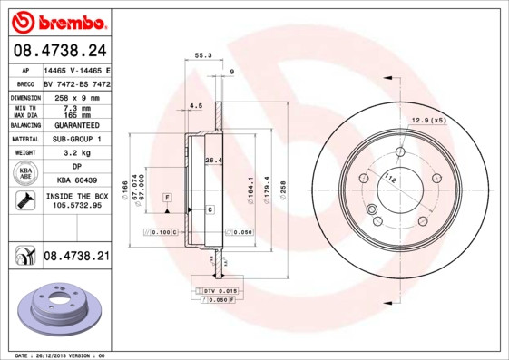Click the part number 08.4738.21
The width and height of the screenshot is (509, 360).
pyautogui.click(x=76, y=257)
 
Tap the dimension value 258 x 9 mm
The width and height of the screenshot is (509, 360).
pyautogui.click(x=76, y=95)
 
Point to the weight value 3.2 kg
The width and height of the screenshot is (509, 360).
pyautogui.click(x=76, y=153)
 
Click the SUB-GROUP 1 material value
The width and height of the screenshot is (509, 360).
pyautogui.click(x=76, y=139)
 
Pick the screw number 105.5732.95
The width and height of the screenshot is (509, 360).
pyautogui.click(x=76, y=206)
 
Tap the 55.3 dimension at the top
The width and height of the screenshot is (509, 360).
pyautogui.click(x=203, y=56)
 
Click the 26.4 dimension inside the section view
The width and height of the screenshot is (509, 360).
pyautogui.click(x=213, y=161)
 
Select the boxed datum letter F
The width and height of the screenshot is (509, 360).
pyautogui.click(x=167, y=197)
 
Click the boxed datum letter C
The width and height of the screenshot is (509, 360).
pyautogui.click(x=210, y=209)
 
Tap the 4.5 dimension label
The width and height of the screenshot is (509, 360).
pyautogui.click(x=195, y=106)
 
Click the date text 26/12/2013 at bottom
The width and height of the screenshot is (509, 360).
pyautogui.click(x=60, y=355)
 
